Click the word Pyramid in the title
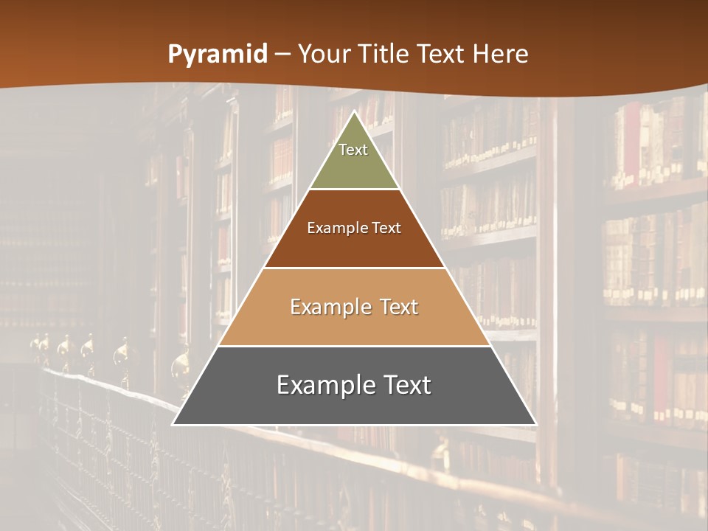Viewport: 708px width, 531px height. [218, 55]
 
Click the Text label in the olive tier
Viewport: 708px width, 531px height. [353, 150]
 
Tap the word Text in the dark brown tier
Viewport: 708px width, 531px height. [387, 228]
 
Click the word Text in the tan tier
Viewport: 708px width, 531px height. [399, 307]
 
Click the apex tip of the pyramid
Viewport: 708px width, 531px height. [355, 111]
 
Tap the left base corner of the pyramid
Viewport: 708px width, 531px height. [173, 424]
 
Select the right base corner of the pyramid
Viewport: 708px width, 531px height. [535, 424]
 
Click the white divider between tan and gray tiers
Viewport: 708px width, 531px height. [354, 346]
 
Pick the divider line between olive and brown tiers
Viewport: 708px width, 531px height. [354, 190]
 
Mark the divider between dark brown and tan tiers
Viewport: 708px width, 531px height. [354, 268]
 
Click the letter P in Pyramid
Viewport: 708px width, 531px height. [174, 54]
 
